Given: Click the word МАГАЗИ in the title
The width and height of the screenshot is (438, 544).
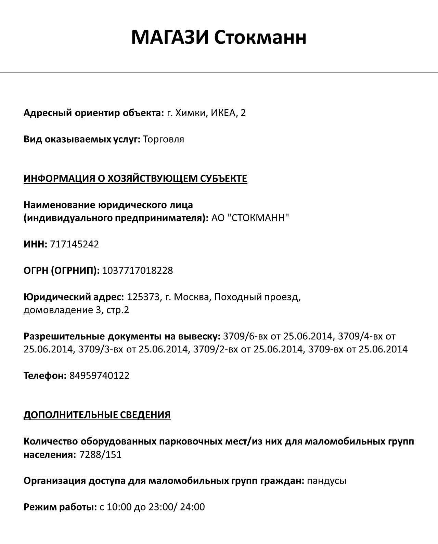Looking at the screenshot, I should (x=170, y=37).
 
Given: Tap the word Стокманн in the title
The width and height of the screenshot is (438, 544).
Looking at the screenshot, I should (x=260, y=37).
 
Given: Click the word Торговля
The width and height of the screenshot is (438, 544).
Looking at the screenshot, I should (x=164, y=139).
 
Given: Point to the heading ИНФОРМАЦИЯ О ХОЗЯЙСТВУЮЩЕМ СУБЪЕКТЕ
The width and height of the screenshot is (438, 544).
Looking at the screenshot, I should (x=135, y=179).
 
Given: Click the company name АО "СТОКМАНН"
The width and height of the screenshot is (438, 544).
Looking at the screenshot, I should (x=250, y=218).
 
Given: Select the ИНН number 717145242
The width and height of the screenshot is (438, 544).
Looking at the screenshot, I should (x=75, y=244).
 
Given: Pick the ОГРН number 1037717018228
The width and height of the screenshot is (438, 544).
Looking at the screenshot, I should (x=138, y=271).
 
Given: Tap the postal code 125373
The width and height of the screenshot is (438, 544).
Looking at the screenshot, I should (x=143, y=297).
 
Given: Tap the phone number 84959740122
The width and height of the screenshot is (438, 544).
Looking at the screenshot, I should (x=99, y=376).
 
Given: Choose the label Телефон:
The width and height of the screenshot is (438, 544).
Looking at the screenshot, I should (x=45, y=376).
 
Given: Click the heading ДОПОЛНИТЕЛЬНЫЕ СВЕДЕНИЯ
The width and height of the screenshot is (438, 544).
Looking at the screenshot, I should (x=97, y=415).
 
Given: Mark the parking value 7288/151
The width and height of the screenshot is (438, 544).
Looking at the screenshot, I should (x=100, y=455).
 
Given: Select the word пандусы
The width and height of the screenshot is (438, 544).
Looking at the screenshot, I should (x=327, y=481).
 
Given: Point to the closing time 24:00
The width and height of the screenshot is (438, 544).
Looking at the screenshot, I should (x=192, y=507).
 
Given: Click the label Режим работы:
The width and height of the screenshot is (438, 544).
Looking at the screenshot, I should (x=60, y=507).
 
